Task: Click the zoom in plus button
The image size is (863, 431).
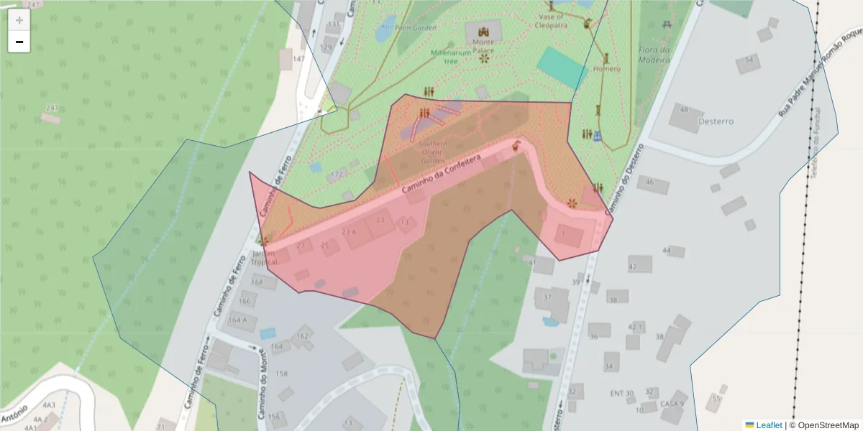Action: [x=19, y=20]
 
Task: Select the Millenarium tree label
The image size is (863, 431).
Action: [x=451, y=57]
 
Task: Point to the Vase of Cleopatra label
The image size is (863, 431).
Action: [x=551, y=20]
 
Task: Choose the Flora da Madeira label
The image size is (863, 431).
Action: [x=654, y=55]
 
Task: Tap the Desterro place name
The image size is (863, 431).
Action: [x=716, y=121]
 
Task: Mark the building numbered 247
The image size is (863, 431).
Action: [x=52, y=108]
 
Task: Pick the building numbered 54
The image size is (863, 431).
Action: [x=749, y=60]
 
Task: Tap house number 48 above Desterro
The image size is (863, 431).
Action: [x=683, y=110]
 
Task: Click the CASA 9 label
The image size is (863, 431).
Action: [x=672, y=404]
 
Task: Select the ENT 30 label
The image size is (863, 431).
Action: [x=621, y=393]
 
